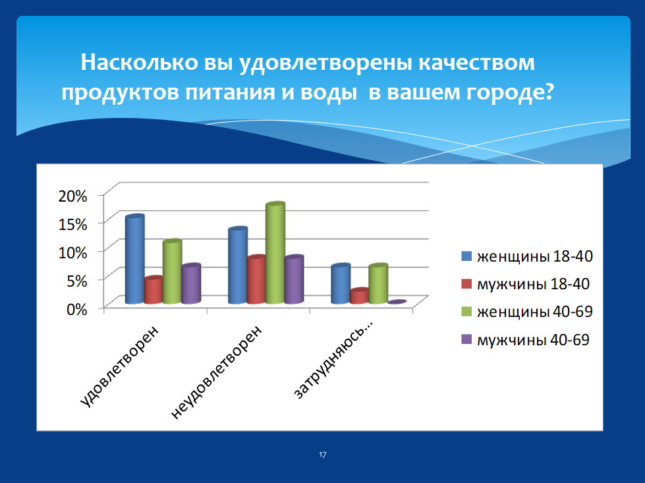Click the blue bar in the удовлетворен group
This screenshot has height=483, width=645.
pos(135,259)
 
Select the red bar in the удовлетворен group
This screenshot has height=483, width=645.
pos(154,290)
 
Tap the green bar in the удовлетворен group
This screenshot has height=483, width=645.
pos(173,271)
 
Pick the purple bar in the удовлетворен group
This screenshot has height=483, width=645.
pos(191,284)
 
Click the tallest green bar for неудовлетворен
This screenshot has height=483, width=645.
pos(275,253)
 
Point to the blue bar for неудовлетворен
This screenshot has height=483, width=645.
pos(238,266)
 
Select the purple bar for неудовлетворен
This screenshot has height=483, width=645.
pos(294,280)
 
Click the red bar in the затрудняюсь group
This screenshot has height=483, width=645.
pos(359,296)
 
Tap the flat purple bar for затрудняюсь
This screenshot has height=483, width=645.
pos(397,302)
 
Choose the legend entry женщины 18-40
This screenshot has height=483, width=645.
pos(527,256)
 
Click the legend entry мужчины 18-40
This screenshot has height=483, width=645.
pos(525,284)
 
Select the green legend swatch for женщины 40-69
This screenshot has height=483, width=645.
pos(466,312)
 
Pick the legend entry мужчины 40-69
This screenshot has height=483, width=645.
pos(525,340)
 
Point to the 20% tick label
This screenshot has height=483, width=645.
pos(73,196)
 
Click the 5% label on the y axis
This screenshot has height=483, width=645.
pos(77,281)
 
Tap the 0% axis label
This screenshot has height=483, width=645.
pos(77,309)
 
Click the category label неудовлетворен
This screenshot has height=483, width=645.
pos(215,372)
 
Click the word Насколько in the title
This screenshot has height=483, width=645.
pos(140,63)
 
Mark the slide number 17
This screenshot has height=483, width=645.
pos(323,455)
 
